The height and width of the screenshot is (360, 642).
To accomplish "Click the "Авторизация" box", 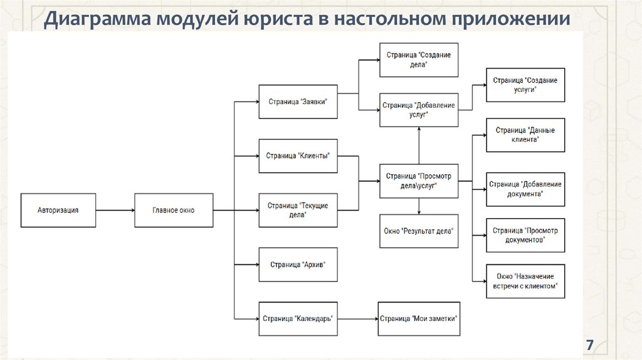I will click(58, 210).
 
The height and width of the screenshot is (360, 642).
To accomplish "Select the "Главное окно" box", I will click(174, 210).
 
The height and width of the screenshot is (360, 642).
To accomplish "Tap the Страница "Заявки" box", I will click(298, 102).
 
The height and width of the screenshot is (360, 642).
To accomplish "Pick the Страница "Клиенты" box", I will click(298, 156).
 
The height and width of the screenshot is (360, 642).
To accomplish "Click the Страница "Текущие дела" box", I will click(298, 210).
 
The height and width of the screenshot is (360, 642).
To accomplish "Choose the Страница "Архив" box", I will click(298, 264).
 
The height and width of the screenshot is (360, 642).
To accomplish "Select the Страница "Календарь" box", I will click(298, 319).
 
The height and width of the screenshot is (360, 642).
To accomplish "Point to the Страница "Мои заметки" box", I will click(418, 319).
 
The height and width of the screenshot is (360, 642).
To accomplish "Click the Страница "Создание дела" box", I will click(418, 60).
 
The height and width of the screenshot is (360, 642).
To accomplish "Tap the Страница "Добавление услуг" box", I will click(418, 110).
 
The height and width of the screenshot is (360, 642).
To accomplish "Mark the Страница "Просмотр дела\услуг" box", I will click(418, 181).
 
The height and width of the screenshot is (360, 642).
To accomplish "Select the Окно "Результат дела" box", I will click(418, 231).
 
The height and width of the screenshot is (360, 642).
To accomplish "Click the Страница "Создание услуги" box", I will click(525, 85).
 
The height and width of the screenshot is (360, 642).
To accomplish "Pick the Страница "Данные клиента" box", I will click(525, 135).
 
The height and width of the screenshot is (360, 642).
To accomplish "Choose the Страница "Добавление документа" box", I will click(525, 189).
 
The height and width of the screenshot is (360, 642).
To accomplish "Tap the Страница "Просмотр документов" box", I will click(525, 235).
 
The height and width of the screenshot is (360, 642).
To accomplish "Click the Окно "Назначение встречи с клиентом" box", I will click(525, 281).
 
